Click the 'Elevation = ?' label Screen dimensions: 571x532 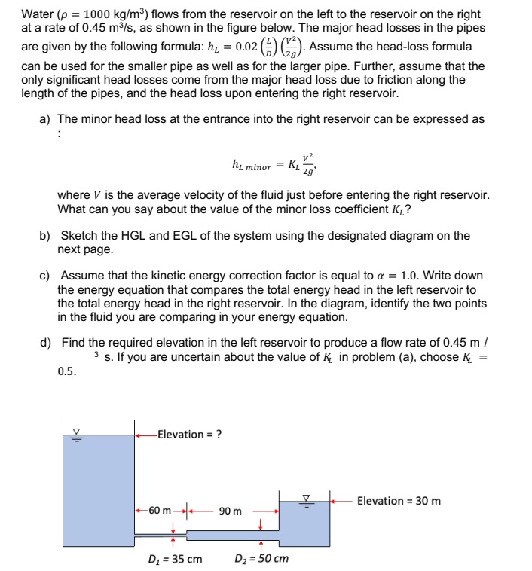click(189, 434)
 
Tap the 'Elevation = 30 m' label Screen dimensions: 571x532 click(399, 501)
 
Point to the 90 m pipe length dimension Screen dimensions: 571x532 click(231, 511)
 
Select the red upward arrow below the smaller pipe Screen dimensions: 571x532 click(174, 542)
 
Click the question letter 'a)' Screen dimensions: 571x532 click(45, 119)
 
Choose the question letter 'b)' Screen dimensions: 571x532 click(45, 236)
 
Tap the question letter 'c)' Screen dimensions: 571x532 click(45, 276)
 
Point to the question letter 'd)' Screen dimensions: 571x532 click(45, 343)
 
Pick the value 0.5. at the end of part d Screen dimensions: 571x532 click(67, 371)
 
